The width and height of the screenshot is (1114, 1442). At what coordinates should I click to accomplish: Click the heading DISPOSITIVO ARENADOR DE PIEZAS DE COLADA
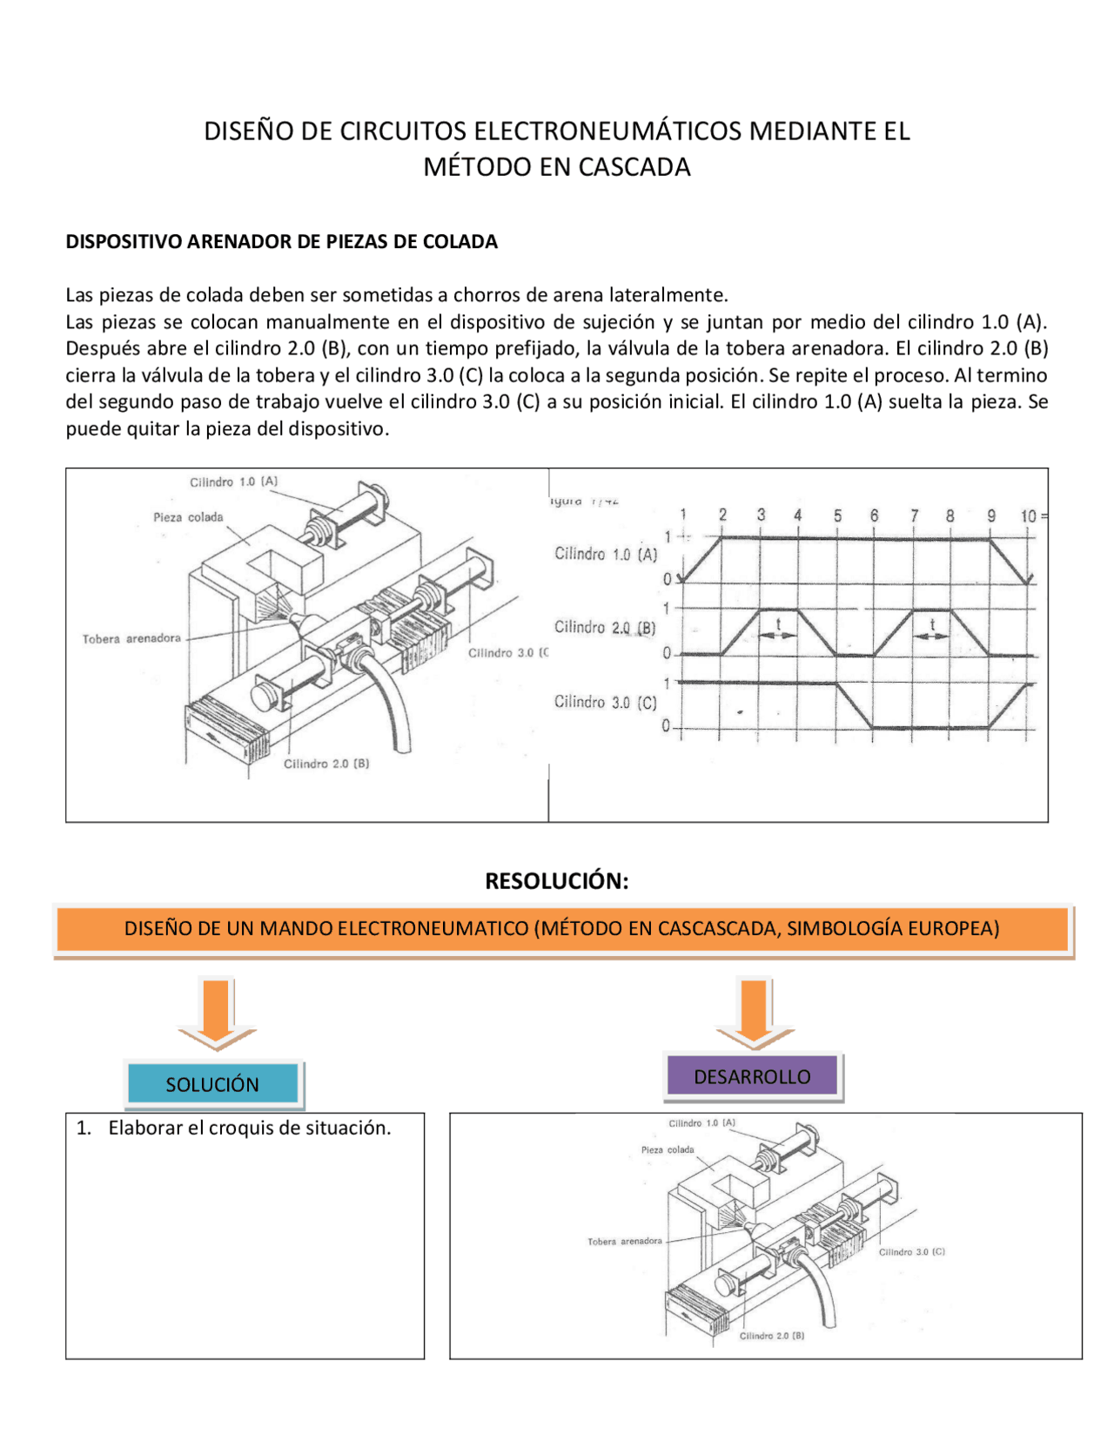pyautogui.click(x=281, y=241)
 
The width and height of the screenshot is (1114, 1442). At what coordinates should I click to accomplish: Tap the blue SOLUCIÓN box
pyautogui.click(x=212, y=1084)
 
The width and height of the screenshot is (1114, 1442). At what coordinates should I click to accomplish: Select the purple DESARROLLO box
pyautogui.click(x=752, y=1076)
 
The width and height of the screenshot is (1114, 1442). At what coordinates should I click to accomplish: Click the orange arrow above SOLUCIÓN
pyautogui.click(x=217, y=1012)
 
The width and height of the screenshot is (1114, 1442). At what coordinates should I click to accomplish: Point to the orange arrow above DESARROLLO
pyautogui.click(x=755, y=1012)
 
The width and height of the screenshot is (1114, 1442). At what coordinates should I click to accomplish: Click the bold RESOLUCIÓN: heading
pyautogui.click(x=556, y=880)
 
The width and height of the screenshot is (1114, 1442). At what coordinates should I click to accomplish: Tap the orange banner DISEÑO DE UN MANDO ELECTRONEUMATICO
pyautogui.click(x=561, y=928)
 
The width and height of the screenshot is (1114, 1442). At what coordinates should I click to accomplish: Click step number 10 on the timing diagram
pyautogui.click(x=1029, y=515)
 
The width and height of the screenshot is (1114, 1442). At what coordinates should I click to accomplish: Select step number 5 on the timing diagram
pyautogui.click(x=837, y=515)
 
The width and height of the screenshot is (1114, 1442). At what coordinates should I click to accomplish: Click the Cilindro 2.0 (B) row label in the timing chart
pyautogui.click(x=605, y=627)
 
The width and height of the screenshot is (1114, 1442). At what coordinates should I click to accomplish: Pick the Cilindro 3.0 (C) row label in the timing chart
pyautogui.click(x=605, y=702)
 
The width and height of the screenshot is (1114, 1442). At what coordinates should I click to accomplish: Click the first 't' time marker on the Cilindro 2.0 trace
pyautogui.click(x=778, y=624)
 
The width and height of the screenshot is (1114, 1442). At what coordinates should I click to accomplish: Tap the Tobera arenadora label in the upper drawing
pyautogui.click(x=131, y=638)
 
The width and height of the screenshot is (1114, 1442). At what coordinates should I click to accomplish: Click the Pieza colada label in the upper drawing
pyautogui.click(x=188, y=517)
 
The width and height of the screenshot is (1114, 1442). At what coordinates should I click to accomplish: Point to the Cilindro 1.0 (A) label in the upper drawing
pyautogui.click(x=233, y=482)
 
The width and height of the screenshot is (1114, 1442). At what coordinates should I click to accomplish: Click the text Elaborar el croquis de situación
pyautogui.click(x=249, y=1128)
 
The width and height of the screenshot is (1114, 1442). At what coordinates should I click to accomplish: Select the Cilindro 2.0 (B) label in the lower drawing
pyautogui.click(x=771, y=1335)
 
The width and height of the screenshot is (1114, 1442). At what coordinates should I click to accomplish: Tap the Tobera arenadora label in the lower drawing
pyautogui.click(x=624, y=1241)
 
